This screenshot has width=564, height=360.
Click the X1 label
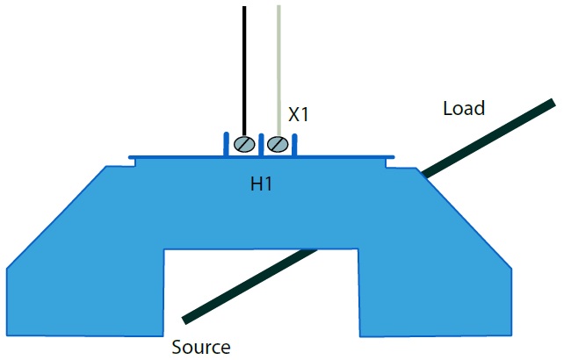(300, 114)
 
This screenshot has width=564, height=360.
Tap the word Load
(464, 109)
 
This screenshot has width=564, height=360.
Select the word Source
(201, 347)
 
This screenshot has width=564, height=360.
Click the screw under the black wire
(245, 145)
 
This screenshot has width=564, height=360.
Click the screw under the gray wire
(278, 144)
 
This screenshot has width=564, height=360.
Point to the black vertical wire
(244, 70)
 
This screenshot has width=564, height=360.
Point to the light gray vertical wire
(279, 70)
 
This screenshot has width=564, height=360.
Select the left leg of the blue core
(83, 290)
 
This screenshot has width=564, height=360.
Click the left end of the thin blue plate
(133, 159)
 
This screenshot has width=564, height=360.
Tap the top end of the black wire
(244, 9)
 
